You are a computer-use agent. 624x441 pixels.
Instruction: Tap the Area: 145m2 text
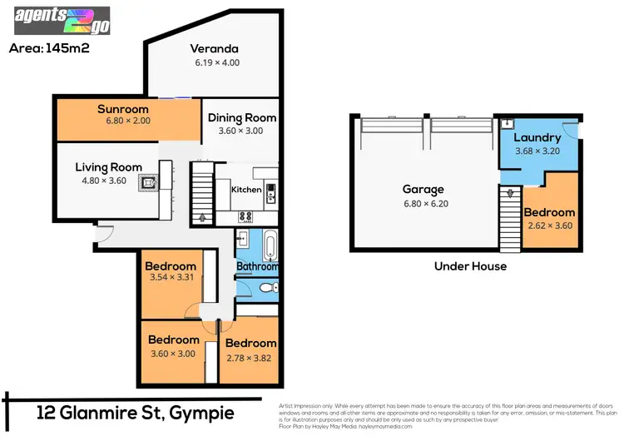(48, 47)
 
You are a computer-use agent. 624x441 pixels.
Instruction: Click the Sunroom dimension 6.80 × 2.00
(122, 121)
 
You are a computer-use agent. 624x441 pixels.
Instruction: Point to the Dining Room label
(241, 117)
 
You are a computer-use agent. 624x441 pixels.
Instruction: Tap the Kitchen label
(246, 190)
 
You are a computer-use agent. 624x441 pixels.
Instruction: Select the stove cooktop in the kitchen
(246, 217)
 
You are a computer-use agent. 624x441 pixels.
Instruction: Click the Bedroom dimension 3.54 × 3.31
(170, 277)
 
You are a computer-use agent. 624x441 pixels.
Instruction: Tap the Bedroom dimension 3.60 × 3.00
(173, 352)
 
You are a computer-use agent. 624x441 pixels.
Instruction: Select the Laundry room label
(537, 137)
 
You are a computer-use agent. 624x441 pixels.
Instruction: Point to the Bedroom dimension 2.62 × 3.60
(549, 225)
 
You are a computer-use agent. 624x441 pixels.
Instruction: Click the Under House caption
(470, 266)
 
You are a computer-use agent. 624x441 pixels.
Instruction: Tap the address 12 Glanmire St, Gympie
(136, 414)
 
